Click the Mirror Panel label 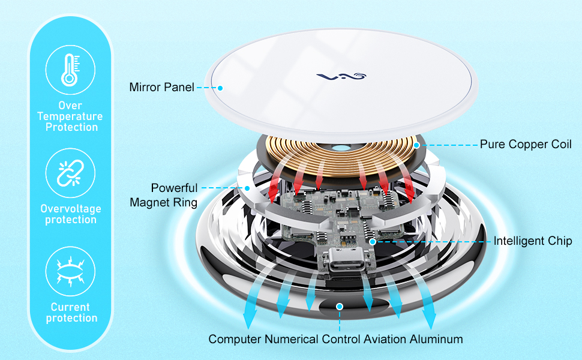point(161,88)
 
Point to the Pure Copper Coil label point(526,145)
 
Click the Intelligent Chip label point(533,241)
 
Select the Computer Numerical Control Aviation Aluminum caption point(335,340)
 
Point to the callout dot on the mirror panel point(220,88)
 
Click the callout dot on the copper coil point(416,145)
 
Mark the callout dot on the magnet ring point(247,188)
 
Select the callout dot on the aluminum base point(340,306)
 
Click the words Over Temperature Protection point(71,116)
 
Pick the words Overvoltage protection point(71,214)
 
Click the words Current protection point(71,313)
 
